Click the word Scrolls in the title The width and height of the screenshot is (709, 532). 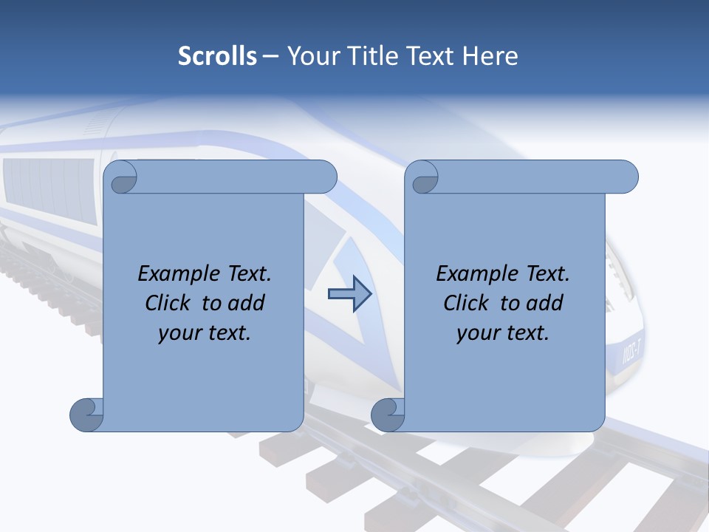217,56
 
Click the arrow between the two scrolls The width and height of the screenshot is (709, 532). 349,294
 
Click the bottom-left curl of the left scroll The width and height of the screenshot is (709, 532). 86,415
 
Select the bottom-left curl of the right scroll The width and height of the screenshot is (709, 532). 388,415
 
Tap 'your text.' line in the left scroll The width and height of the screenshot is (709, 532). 205,332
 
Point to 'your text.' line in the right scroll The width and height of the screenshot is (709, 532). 503,332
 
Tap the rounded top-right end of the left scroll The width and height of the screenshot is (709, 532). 325,177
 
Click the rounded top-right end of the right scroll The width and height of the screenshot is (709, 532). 626,177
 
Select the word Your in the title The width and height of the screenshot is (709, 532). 311,56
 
